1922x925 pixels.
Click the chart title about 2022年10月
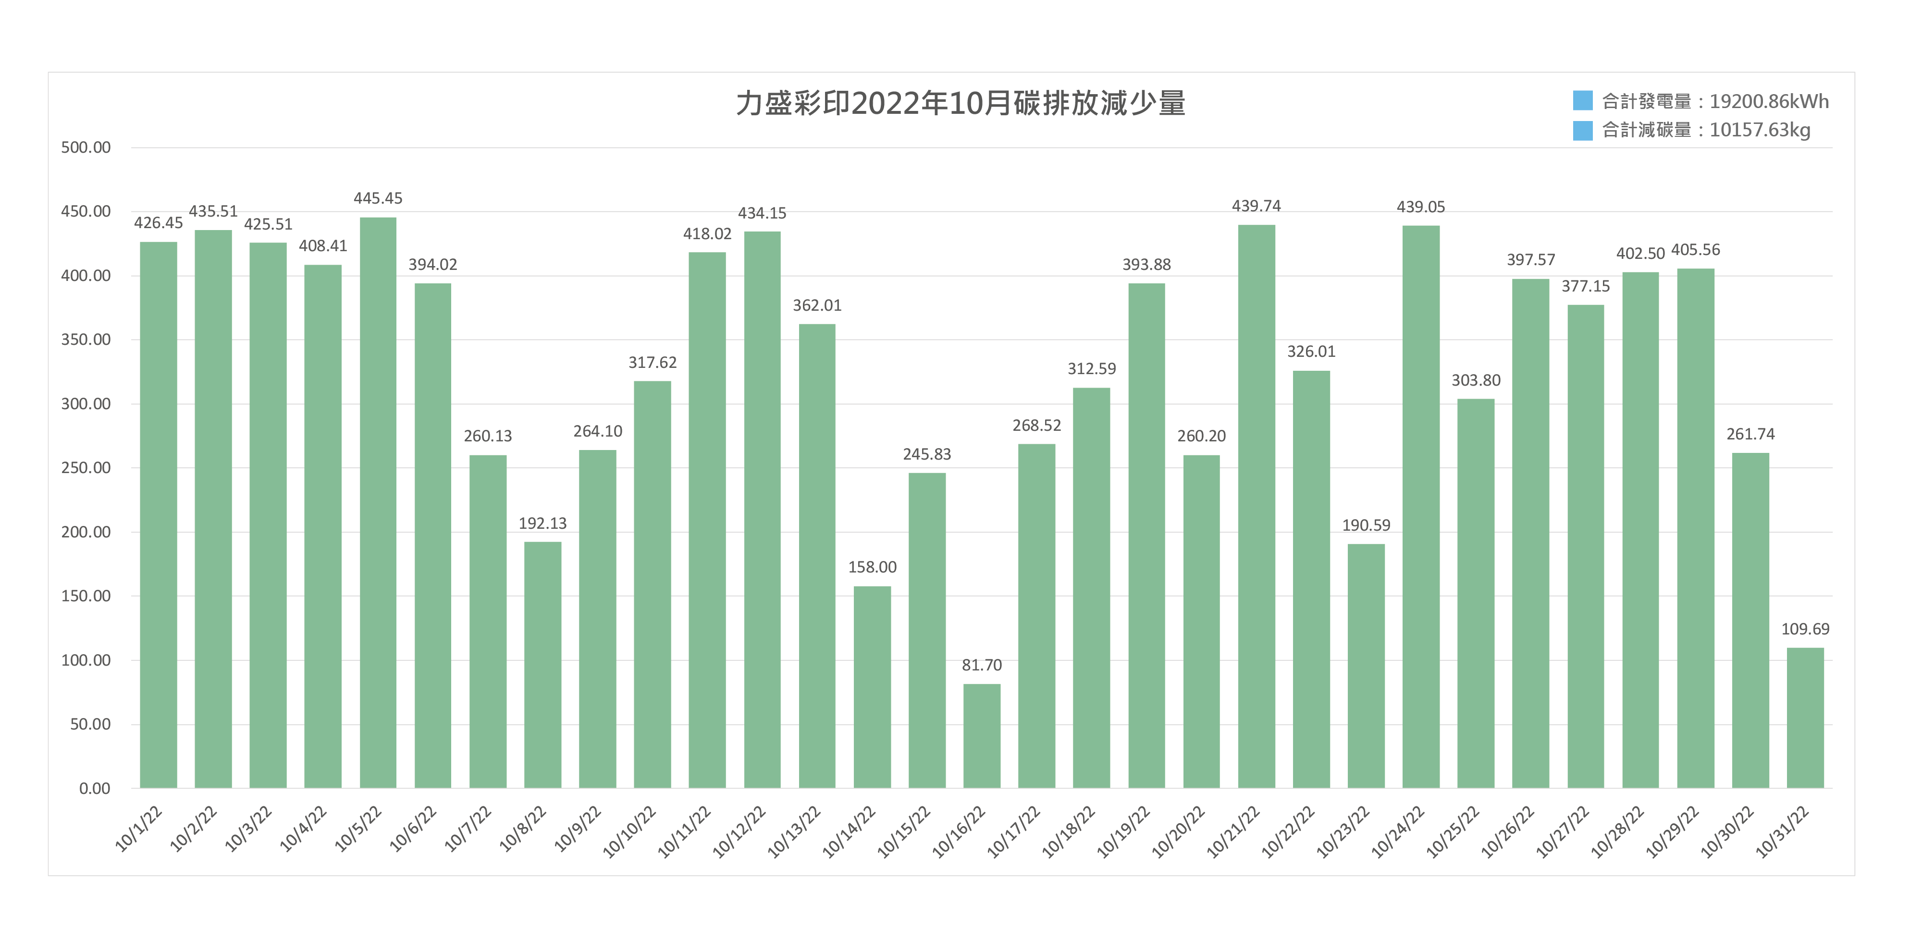tap(960, 103)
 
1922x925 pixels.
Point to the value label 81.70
tap(981, 665)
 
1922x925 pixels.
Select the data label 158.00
tap(872, 567)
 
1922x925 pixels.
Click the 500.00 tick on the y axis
tap(86, 148)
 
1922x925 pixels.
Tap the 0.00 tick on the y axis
tap(95, 789)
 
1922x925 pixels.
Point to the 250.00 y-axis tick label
tap(86, 468)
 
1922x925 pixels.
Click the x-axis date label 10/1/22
tap(139, 829)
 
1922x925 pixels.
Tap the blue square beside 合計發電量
tap(1582, 101)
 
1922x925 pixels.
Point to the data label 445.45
tap(378, 198)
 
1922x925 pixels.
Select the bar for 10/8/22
tap(542, 665)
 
